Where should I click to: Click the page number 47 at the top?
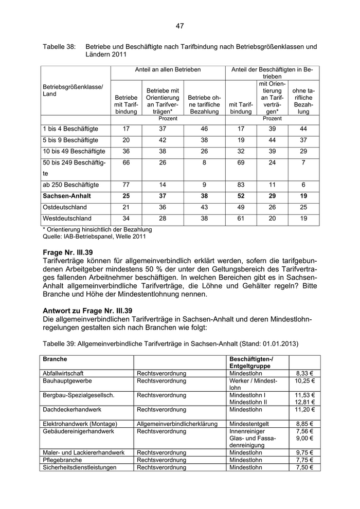point(179,26)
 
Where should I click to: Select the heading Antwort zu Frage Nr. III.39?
point(88,311)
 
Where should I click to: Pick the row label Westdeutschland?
point(67,219)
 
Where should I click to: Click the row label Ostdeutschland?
point(65,207)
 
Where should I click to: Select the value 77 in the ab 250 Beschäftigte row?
point(126,185)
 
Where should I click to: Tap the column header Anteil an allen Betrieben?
point(168,69)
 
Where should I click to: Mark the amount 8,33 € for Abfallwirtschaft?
point(305,374)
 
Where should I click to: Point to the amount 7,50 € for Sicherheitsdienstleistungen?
point(305,467)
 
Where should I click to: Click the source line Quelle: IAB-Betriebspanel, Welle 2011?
point(94,237)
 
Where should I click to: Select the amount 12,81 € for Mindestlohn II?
point(304,402)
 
